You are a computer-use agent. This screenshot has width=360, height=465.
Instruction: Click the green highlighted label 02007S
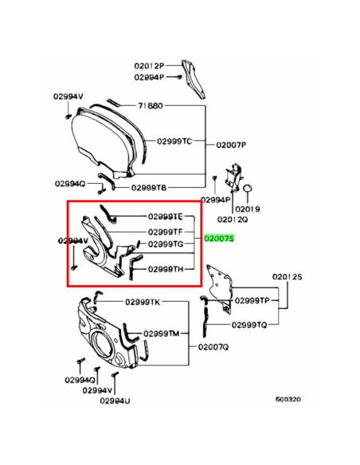(x=219, y=238)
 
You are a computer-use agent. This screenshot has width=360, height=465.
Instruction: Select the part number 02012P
(x=149, y=65)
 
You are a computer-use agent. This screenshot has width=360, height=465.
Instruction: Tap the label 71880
(x=151, y=106)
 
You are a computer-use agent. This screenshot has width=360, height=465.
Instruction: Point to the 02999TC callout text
(x=174, y=141)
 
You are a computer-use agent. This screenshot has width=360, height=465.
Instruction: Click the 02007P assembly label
(x=231, y=145)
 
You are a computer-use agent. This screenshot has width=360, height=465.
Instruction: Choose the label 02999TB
(x=149, y=188)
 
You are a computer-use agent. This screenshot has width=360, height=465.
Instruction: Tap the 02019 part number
(x=248, y=209)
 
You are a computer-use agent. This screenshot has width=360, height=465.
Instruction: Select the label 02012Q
(x=233, y=220)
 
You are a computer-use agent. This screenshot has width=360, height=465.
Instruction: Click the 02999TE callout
(x=165, y=217)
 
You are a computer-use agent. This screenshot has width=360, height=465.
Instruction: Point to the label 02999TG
(x=166, y=244)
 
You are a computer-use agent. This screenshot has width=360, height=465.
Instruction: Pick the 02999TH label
(x=166, y=269)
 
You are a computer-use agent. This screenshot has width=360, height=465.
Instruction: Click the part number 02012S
(x=287, y=276)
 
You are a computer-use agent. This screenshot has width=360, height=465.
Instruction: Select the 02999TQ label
(x=249, y=325)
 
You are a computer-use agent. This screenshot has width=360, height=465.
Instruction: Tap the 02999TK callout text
(x=143, y=302)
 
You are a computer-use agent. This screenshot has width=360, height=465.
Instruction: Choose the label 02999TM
(x=162, y=334)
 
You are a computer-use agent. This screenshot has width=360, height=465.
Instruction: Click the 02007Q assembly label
(x=213, y=346)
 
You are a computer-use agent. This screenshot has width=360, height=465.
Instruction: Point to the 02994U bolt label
(x=115, y=401)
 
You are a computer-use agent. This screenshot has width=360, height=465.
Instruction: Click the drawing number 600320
(x=288, y=399)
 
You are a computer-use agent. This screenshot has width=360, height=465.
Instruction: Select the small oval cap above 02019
(x=248, y=188)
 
